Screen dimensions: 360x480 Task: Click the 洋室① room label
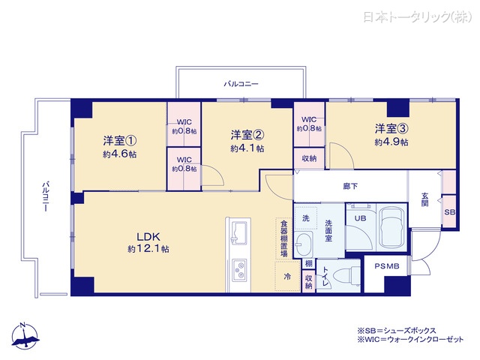tap(120, 139)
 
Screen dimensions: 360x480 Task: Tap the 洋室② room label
tap(247, 135)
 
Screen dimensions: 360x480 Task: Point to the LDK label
tap(146, 234)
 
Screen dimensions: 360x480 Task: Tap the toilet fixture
tap(335, 275)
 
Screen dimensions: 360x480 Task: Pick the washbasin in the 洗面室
tap(304, 243)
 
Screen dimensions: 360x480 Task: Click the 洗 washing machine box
tap(305, 217)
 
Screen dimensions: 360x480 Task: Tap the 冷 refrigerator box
tap(287, 277)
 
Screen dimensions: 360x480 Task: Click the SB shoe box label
tap(449, 212)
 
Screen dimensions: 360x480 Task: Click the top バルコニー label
tap(241, 85)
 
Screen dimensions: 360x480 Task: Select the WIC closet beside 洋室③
tap(308, 124)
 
